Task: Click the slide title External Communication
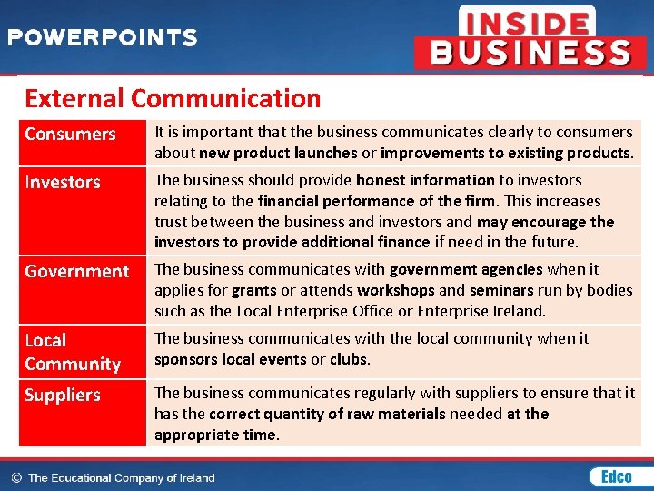tap(173, 98)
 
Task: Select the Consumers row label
tap(70, 135)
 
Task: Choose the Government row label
tap(77, 272)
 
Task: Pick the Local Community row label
tap(73, 352)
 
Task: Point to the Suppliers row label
tap(63, 396)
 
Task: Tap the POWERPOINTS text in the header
tap(102, 38)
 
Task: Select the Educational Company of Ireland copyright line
tap(114, 477)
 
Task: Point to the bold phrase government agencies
tap(466, 269)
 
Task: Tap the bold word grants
tap(253, 290)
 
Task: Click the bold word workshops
tap(395, 290)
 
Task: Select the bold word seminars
tap(498, 290)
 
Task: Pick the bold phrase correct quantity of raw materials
tap(327, 414)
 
